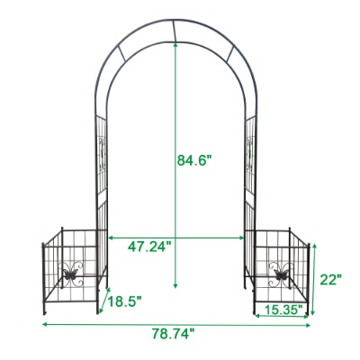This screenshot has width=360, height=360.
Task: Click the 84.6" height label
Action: (194, 159)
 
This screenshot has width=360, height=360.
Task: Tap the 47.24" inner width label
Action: (148, 247)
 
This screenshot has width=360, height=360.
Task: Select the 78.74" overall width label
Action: (173, 334)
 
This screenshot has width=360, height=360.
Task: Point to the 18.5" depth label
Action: (124, 301)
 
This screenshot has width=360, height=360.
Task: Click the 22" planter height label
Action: (330, 279)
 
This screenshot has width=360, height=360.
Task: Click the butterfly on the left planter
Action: (70, 274)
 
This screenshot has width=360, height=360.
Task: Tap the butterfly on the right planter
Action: (281, 274)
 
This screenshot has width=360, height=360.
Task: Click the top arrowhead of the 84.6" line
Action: (175, 45)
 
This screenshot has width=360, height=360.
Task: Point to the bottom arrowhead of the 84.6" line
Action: (175, 285)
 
